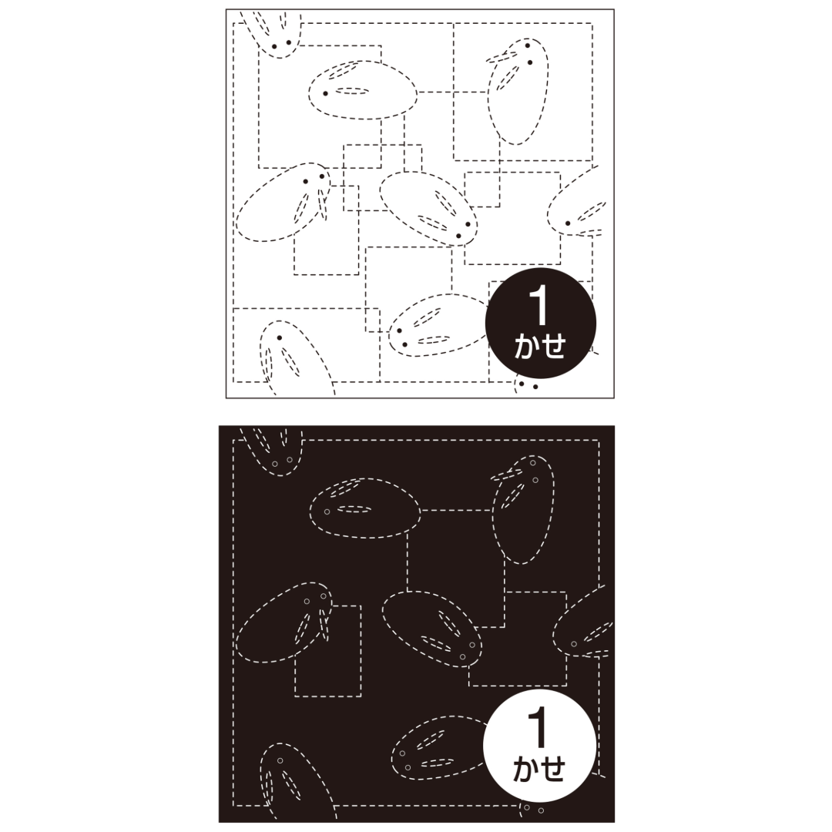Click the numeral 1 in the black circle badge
click(x=538, y=308)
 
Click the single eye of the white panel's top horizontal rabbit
click(x=325, y=93)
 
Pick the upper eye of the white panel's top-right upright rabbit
click(x=528, y=45)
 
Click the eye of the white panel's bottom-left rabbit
click(x=279, y=337)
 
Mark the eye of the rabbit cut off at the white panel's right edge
click(x=567, y=223)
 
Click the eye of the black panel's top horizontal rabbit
click(x=327, y=512)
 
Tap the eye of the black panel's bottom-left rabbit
click(x=280, y=760)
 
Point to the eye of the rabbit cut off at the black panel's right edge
click(x=574, y=643)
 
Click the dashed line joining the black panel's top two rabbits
click(x=456, y=511)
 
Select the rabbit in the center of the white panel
click(x=428, y=209)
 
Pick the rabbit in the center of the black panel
click(x=431, y=629)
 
